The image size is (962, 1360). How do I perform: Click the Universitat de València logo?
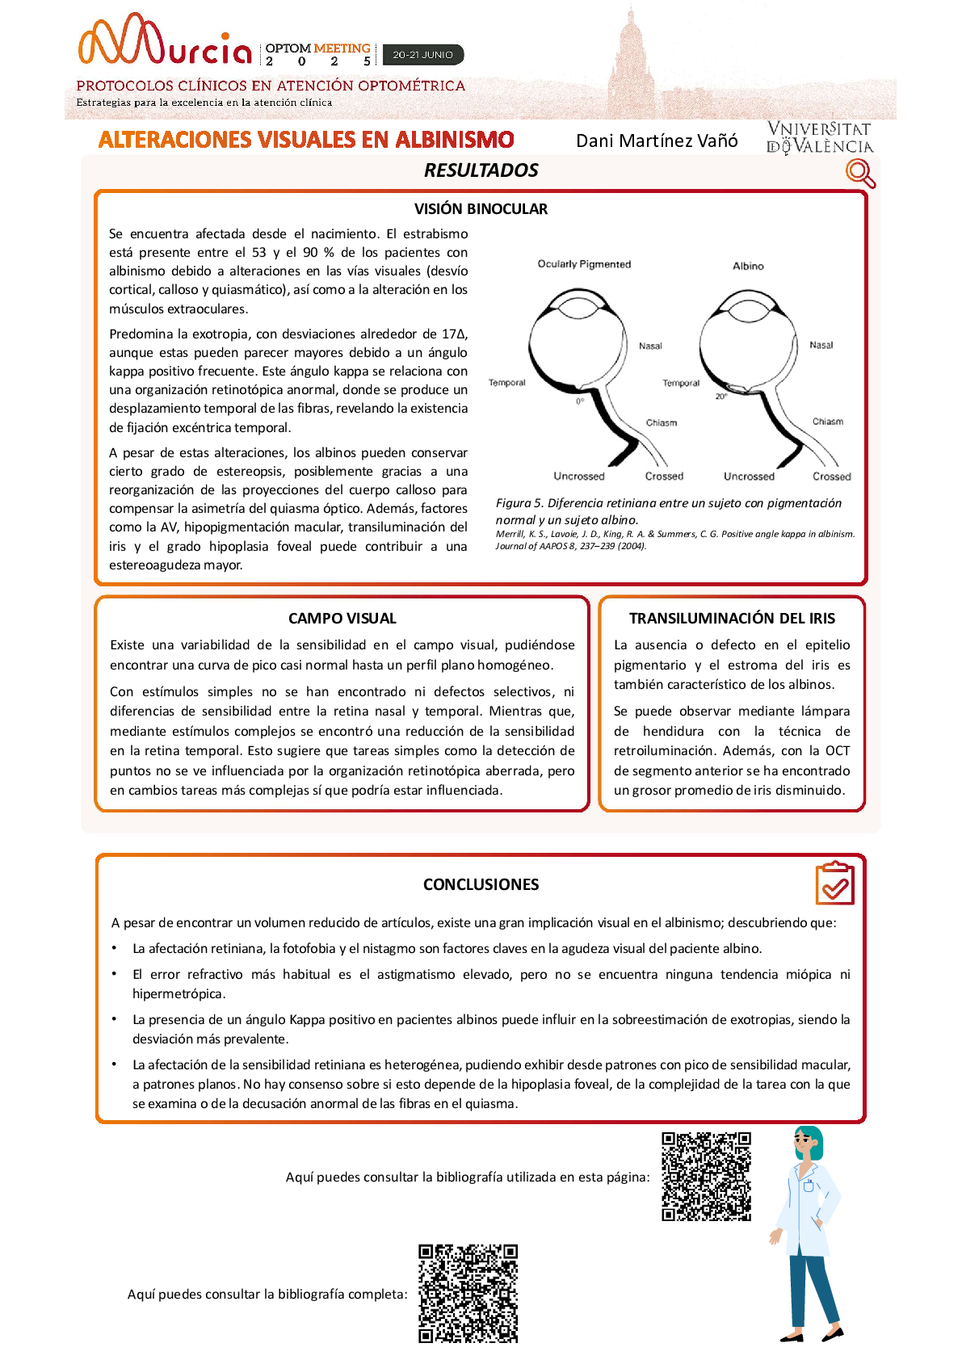tap(819, 137)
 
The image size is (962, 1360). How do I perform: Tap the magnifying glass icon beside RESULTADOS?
tap(860, 173)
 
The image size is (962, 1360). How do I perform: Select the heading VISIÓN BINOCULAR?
tap(481, 209)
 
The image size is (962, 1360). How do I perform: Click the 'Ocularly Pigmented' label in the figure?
tap(584, 264)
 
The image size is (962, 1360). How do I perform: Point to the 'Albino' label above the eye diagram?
tap(748, 266)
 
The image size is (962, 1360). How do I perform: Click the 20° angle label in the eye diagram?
tap(720, 397)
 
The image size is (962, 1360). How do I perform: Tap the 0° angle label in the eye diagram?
tap(580, 401)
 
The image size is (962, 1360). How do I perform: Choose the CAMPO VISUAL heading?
tap(342, 619)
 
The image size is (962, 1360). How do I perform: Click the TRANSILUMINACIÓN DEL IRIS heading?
tap(732, 619)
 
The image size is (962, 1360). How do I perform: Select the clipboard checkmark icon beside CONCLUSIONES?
tap(835, 884)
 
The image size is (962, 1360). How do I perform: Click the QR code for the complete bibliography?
tap(468, 1293)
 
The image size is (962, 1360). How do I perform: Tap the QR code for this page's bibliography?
tap(707, 1176)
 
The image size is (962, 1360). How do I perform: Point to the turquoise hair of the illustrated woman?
tap(812, 1140)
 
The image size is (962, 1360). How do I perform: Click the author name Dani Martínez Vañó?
tap(657, 141)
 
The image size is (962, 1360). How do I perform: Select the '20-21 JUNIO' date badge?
tap(423, 55)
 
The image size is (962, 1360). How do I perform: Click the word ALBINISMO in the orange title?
tap(455, 140)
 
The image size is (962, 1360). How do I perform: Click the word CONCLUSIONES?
tap(481, 884)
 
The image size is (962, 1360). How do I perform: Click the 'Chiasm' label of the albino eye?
tap(827, 422)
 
